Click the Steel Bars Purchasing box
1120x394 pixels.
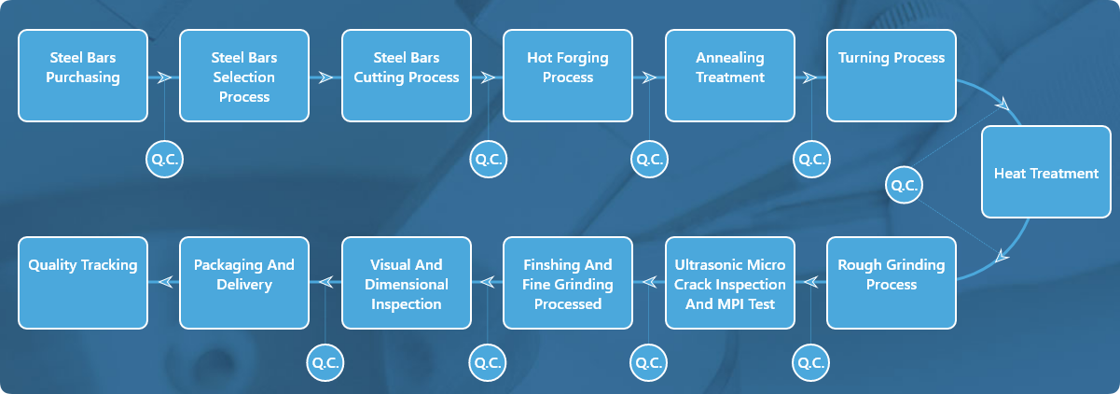pyautogui.click(x=83, y=76)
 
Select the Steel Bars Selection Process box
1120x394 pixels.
pyautogui.click(x=244, y=76)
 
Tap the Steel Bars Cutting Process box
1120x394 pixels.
pyautogui.click(x=407, y=76)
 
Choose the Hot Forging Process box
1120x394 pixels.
pyautogui.click(x=568, y=76)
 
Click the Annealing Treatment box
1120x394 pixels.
pyautogui.click(x=730, y=76)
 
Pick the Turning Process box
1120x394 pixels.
pyautogui.click(x=892, y=76)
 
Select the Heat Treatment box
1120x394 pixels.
pyautogui.click(x=1046, y=173)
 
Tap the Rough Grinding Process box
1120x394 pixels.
pyautogui.click(x=892, y=283)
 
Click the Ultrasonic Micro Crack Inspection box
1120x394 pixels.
pyautogui.click(x=730, y=283)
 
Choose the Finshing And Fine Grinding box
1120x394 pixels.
pyautogui.click(x=568, y=283)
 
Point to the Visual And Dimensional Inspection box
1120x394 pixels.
pyautogui.click(x=407, y=283)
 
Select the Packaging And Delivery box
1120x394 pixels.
pyautogui.click(x=244, y=283)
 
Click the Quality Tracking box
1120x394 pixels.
pyautogui.click(x=83, y=283)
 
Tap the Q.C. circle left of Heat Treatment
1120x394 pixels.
pyautogui.click(x=904, y=184)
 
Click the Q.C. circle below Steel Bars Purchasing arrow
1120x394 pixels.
pyautogui.click(x=164, y=160)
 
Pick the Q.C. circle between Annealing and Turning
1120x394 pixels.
pyautogui.click(x=811, y=160)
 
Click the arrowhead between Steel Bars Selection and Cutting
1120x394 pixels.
pyautogui.click(x=325, y=77)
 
